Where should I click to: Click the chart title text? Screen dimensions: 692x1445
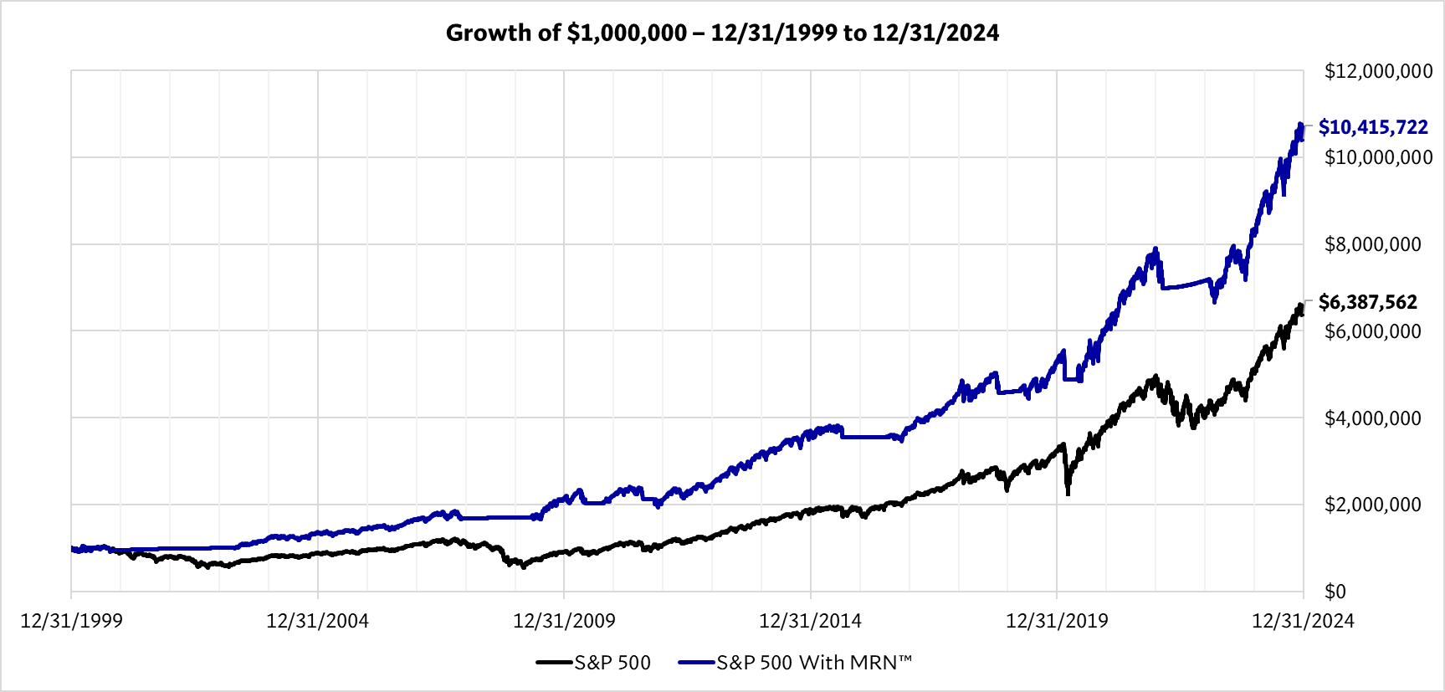coord(722,33)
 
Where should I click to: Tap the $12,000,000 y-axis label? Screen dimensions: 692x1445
coord(1378,71)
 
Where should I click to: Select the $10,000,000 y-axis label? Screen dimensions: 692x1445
coord(1378,157)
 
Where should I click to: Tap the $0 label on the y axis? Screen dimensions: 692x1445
coord(1335,592)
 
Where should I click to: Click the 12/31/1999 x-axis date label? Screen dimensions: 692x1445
coord(71,621)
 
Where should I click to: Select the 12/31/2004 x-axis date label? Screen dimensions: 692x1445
coord(317,621)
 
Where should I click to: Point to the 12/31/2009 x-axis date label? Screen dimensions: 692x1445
coord(564,621)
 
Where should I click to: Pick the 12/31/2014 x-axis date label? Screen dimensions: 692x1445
coord(810,621)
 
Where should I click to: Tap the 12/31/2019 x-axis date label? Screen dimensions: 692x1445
coord(1057,621)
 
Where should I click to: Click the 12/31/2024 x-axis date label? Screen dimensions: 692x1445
coord(1303,621)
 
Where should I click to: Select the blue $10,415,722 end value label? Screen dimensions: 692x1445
coord(1373,127)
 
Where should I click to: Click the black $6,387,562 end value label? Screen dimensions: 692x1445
coord(1368,302)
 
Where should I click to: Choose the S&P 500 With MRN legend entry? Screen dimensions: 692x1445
coord(813,663)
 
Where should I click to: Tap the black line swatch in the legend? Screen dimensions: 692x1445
coord(554,663)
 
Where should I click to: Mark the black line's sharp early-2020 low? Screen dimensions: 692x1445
coord(1068,494)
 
